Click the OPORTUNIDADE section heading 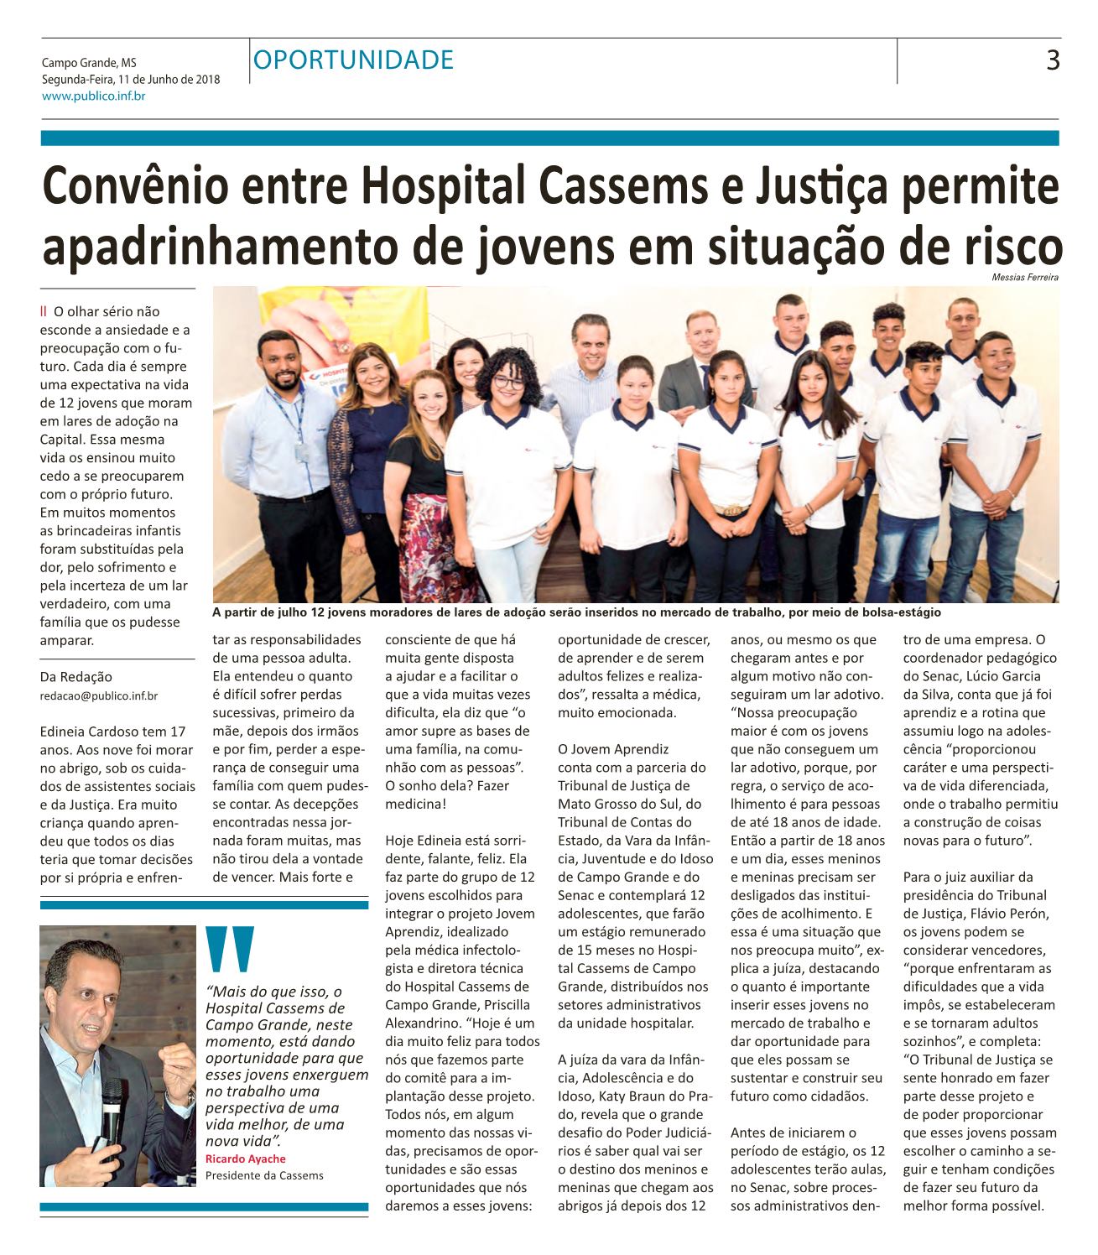pos(352,60)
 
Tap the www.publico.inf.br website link pos(93,96)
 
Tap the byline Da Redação pos(75,676)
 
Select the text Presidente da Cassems pos(264,1175)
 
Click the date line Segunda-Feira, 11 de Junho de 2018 pos(131,80)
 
